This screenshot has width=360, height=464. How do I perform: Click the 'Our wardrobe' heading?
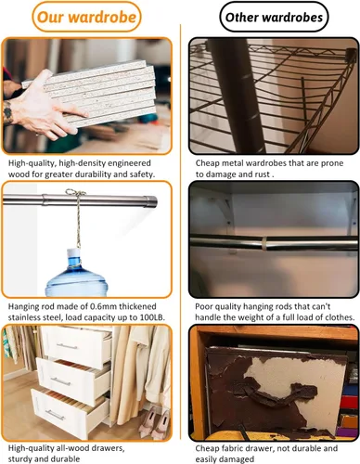86,17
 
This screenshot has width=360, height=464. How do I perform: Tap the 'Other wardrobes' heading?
274,18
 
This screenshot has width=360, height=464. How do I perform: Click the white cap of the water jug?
74,252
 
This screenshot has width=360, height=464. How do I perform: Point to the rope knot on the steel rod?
76,194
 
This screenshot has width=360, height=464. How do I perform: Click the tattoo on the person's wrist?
7,112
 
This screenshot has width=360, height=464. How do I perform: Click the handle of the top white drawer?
67,346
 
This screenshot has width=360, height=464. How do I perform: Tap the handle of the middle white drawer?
60,381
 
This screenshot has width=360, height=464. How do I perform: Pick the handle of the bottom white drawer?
55,415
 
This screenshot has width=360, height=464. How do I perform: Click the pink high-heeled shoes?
155,422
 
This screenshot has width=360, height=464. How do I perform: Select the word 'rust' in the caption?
263,174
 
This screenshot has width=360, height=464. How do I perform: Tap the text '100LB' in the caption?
152,317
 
